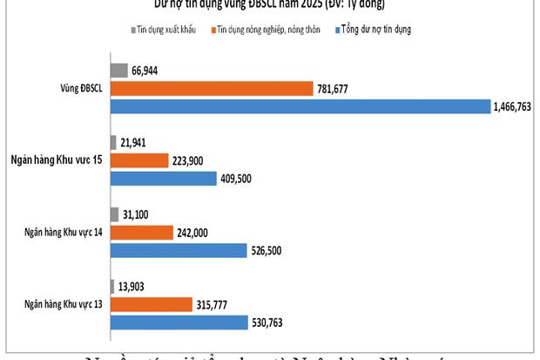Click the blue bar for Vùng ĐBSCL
300,106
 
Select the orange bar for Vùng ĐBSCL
212,88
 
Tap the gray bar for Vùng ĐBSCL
118,71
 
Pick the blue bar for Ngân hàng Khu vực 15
163,179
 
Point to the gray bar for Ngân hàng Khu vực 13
113,286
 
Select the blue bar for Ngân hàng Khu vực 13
179,323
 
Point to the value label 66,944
145,71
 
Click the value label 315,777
218,304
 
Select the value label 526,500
270,251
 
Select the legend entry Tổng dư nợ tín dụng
375,30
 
